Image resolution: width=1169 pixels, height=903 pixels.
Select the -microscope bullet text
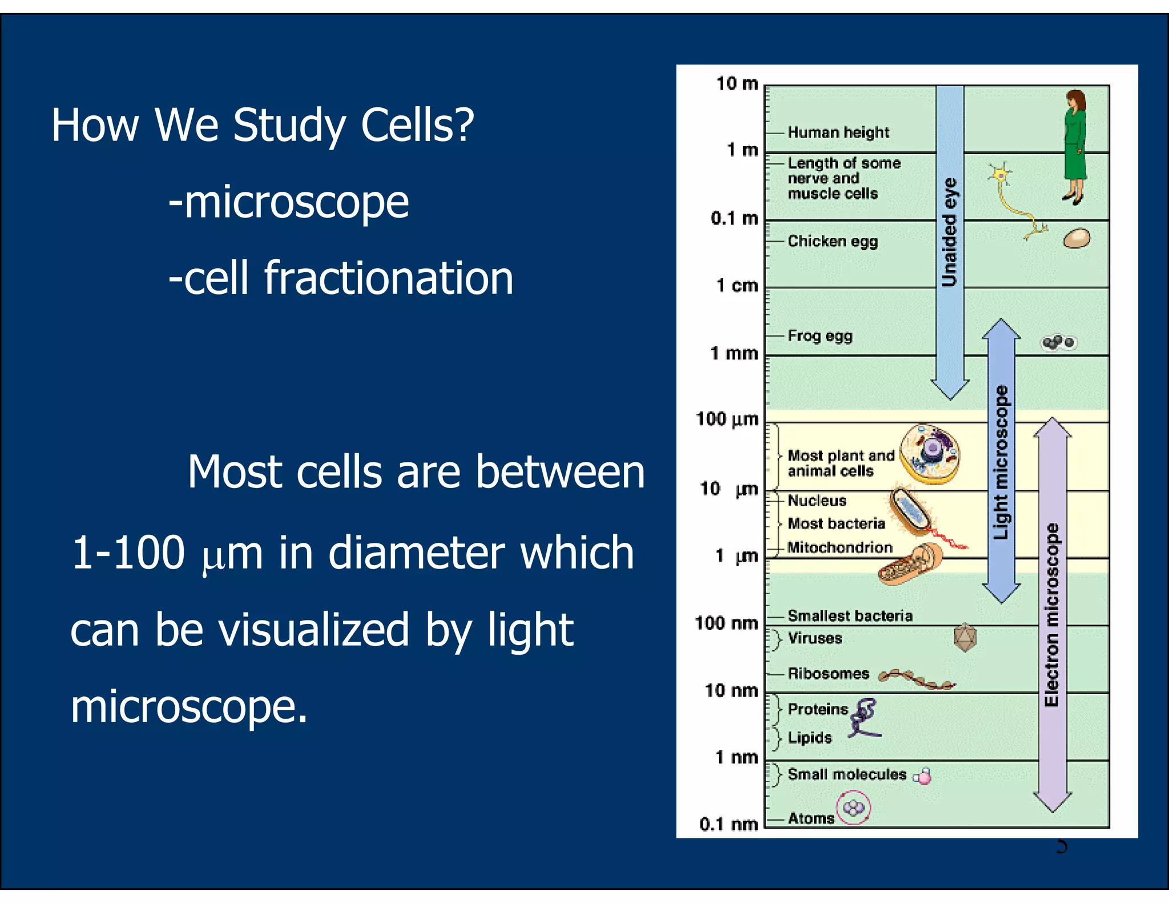pyautogui.click(x=288, y=202)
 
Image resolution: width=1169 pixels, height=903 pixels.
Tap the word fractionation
pyautogui.click(x=388, y=279)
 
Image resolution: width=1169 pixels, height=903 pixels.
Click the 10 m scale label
pyautogui.click(x=737, y=84)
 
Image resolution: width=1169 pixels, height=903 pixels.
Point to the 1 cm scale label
pyautogui.click(x=737, y=285)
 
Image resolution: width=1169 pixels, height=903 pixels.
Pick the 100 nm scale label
pyautogui.click(x=726, y=623)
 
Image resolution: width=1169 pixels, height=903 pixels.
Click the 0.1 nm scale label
pyautogui.click(x=728, y=824)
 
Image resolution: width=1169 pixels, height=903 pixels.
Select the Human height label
pyautogui.click(x=838, y=132)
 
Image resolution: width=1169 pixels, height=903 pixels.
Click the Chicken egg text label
pyautogui.click(x=832, y=241)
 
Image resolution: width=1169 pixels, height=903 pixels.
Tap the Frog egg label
pyautogui.click(x=820, y=336)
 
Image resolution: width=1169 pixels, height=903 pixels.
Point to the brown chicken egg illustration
pyautogui.click(x=1077, y=239)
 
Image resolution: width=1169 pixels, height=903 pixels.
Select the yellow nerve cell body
pyautogui.click(x=1000, y=174)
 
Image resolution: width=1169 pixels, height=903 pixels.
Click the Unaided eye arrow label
pyautogui.click(x=949, y=231)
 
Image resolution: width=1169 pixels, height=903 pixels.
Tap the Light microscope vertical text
pyautogui.click(x=1001, y=462)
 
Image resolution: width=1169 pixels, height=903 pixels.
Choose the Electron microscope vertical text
pyautogui.click(x=1051, y=614)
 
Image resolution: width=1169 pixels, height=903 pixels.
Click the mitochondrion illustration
pyautogui.click(x=909, y=565)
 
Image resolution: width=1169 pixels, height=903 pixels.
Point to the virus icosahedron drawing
pyautogui.click(x=965, y=638)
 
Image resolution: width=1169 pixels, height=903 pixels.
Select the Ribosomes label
pyautogui.click(x=828, y=674)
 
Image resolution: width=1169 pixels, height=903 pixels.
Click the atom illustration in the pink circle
pyautogui.click(x=853, y=808)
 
